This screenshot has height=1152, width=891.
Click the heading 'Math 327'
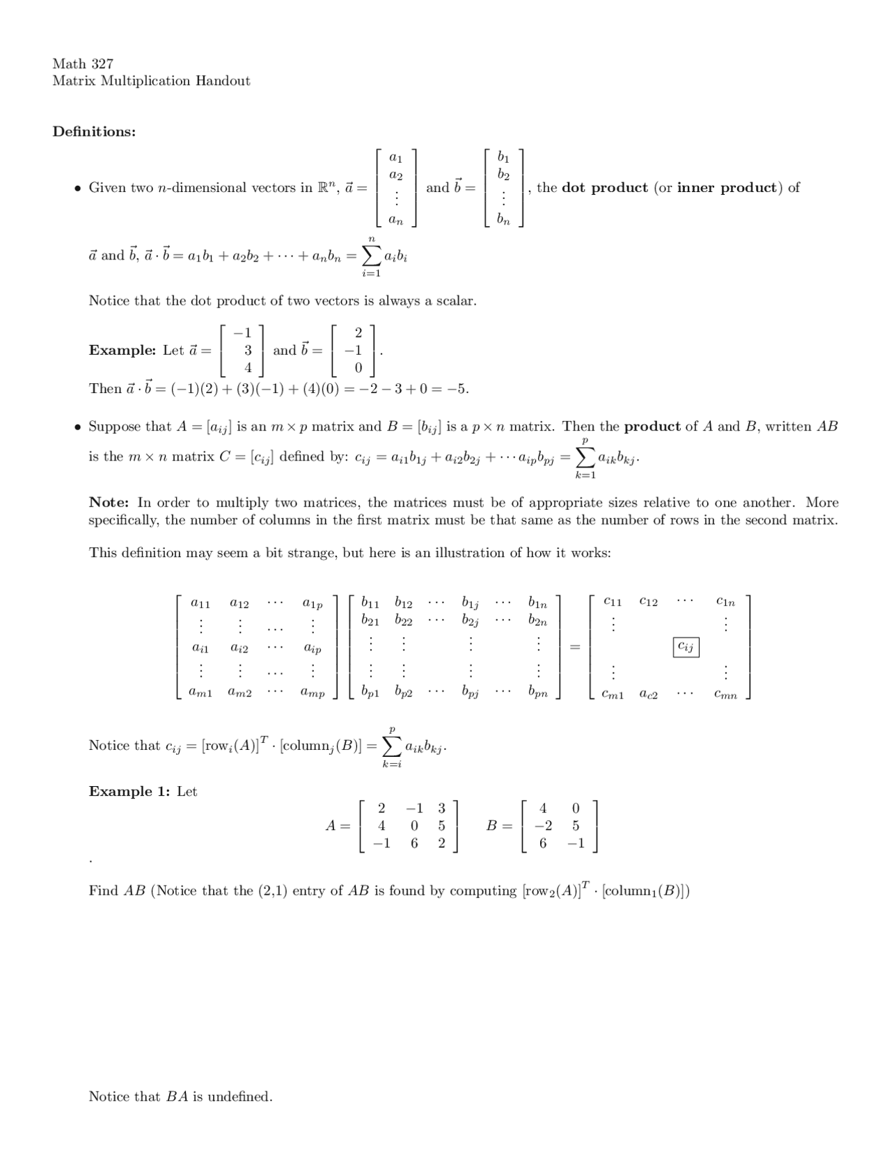point(83,63)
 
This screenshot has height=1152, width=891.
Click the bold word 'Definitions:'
point(94,131)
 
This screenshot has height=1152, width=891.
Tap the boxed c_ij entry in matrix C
point(686,648)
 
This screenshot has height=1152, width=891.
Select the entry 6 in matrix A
point(414,843)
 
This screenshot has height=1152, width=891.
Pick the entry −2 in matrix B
point(543,826)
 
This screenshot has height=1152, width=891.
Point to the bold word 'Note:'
point(109,502)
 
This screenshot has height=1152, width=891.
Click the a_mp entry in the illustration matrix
point(312,693)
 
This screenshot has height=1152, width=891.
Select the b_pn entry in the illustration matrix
point(537,693)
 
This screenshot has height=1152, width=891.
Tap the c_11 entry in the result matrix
point(613,601)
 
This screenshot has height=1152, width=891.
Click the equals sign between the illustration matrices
point(575,648)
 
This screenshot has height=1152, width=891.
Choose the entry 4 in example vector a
point(248,368)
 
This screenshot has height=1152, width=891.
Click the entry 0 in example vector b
point(358,368)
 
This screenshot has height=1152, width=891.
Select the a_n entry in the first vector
point(395,221)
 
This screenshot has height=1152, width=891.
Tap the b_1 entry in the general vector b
point(503,157)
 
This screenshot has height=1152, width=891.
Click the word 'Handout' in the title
point(222,81)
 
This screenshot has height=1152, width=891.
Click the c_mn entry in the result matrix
point(725,694)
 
